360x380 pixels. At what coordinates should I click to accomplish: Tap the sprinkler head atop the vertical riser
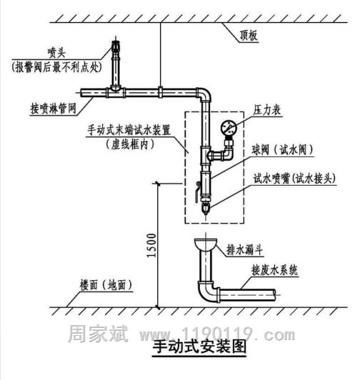pyautogui.click(x=116, y=45)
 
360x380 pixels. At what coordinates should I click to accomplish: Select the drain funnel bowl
pyautogui.click(x=205, y=244)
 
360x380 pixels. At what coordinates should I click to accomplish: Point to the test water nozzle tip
pyautogui.click(x=206, y=209)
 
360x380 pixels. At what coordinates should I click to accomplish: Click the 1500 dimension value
pyautogui.click(x=151, y=245)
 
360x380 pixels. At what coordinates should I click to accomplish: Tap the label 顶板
pyautogui.click(x=249, y=36)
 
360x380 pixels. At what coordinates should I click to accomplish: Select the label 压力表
pyautogui.click(x=267, y=110)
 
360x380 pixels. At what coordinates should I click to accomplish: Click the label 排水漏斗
pyautogui.click(x=244, y=249)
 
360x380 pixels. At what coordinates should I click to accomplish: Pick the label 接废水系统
pyautogui.click(x=274, y=270)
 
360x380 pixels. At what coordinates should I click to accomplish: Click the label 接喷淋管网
pyautogui.click(x=54, y=109)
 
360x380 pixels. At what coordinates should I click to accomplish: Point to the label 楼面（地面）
pyautogui.click(x=106, y=285)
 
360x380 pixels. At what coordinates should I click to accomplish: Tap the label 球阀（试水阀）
pyautogui.click(x=282, y=150)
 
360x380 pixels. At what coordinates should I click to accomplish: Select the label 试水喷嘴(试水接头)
pyautogui.click(x=294, y=179)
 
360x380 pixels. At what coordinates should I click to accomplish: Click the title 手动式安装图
pyautogui.click(x=199, y=347)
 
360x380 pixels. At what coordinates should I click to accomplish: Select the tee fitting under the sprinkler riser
pyautogui.click(x=116, y=91)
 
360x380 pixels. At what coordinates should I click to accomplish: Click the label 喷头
pyautogui.click(x=56, y=53)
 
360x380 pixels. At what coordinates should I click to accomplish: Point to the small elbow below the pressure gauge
pyautogui.click(x=226, y=154)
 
